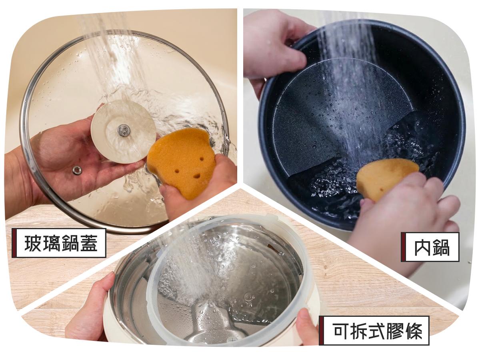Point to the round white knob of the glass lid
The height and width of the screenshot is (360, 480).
[123, 132]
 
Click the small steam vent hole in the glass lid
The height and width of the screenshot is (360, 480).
[76, 170]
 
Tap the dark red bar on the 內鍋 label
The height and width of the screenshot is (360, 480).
[403, 247]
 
